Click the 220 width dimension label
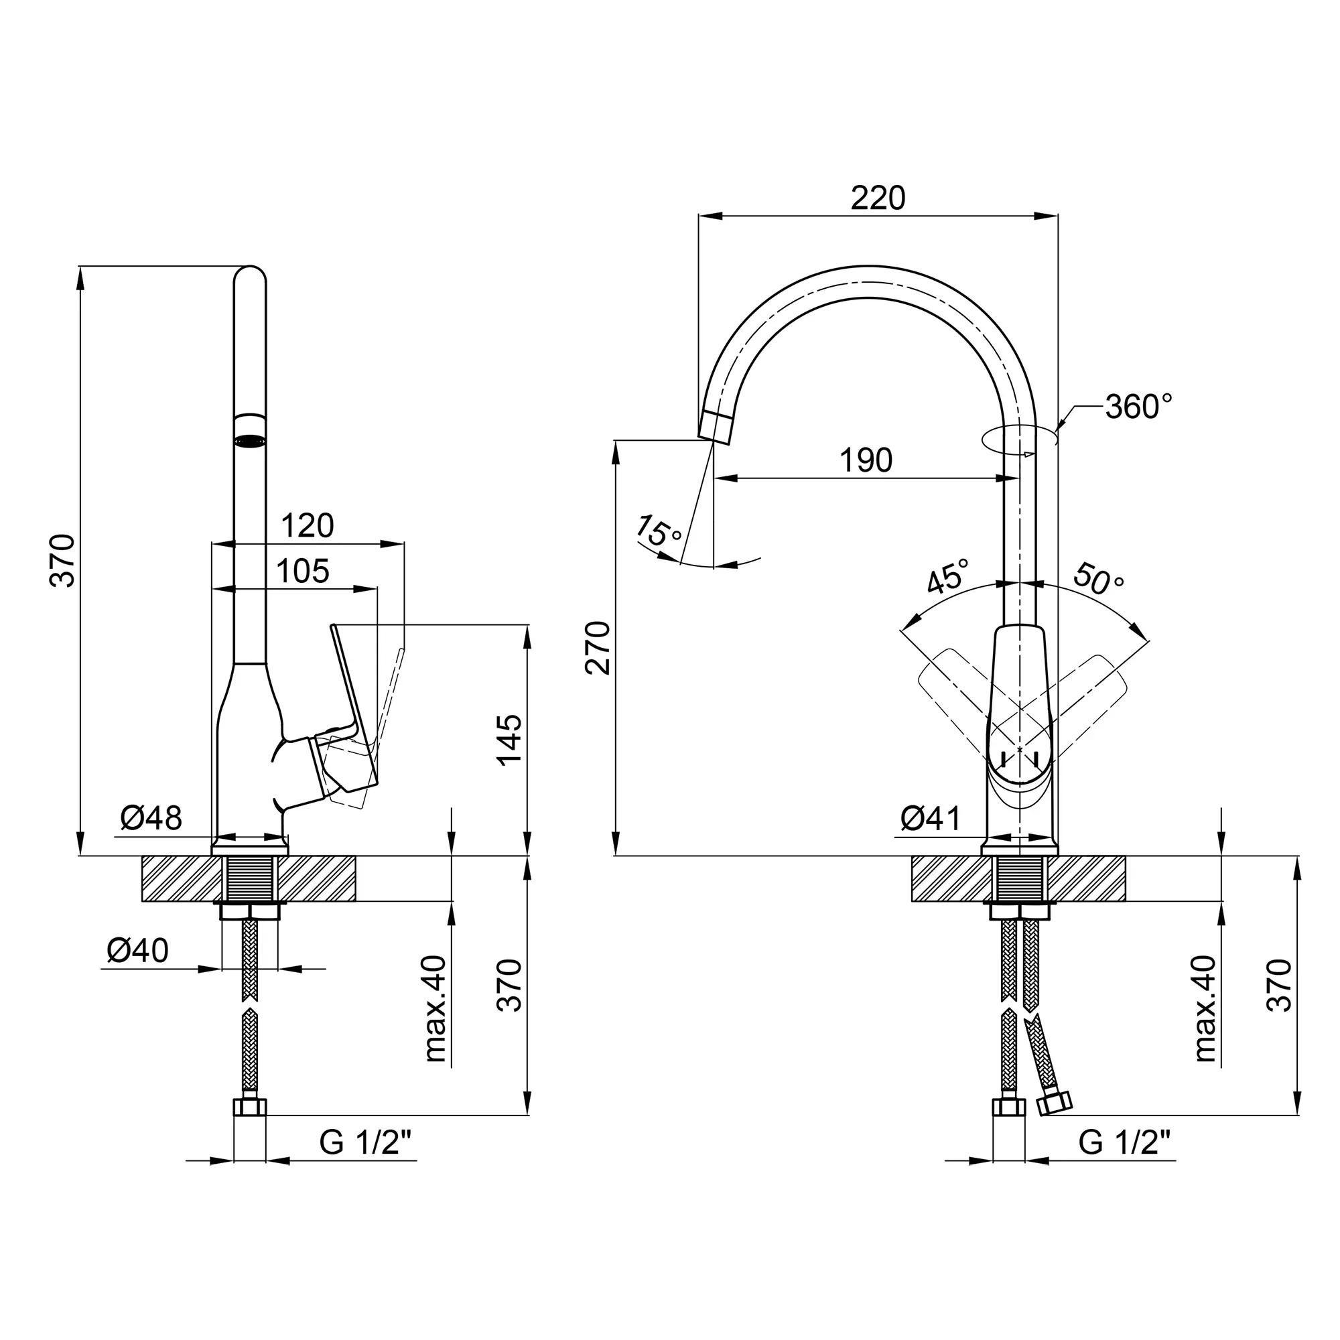coord(878,198)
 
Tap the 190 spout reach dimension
coord(866,460)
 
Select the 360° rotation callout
coord(1139,407)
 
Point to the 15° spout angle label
coord(658,531)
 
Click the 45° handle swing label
coord(948,576)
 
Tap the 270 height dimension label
coord(598,649)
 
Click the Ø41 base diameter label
coord(931,819)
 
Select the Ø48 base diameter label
coord(151,819)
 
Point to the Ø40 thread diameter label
coord(137,950)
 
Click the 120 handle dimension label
coord(308,526)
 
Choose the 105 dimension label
coord(302,572)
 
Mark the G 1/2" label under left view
coord(366,1142)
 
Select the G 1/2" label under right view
coord(1124,1142)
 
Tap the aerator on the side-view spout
coord(250,440)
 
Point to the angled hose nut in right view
coord(1054,1103)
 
